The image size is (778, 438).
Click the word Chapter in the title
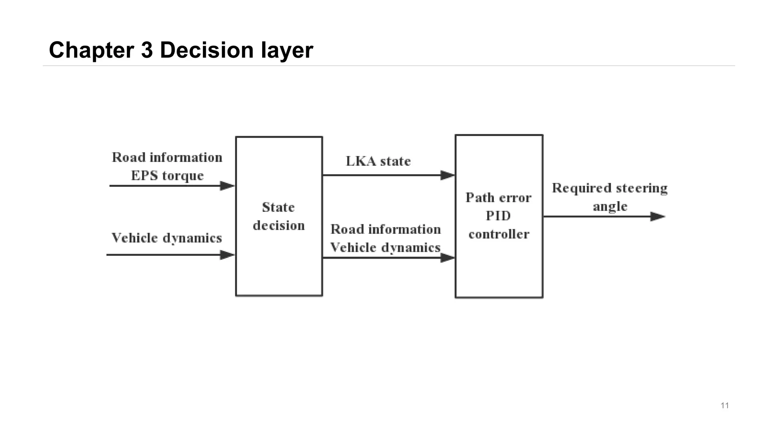point(91,50)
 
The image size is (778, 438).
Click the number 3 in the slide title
point(147,50)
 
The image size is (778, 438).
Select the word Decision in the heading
point(207,50)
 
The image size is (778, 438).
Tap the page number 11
point(724,405)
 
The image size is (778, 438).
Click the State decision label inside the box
point(278,216)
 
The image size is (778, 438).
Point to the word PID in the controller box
point(498,216)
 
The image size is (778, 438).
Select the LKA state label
point(378,161)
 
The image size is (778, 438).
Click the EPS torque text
point(167,176)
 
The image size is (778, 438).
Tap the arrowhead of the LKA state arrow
point(448,175)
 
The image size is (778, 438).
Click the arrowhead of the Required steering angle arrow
point(657,217)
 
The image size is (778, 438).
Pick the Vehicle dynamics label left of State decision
point(166,238)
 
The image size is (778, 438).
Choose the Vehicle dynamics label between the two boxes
point(385,248)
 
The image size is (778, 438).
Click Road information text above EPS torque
point(167,157)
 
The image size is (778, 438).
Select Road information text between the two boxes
point(385,229)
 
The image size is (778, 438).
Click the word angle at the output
point(610,206)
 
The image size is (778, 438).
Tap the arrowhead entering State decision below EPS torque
point(227,186)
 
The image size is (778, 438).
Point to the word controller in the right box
point(498,234)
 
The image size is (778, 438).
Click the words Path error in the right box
point(498,198)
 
